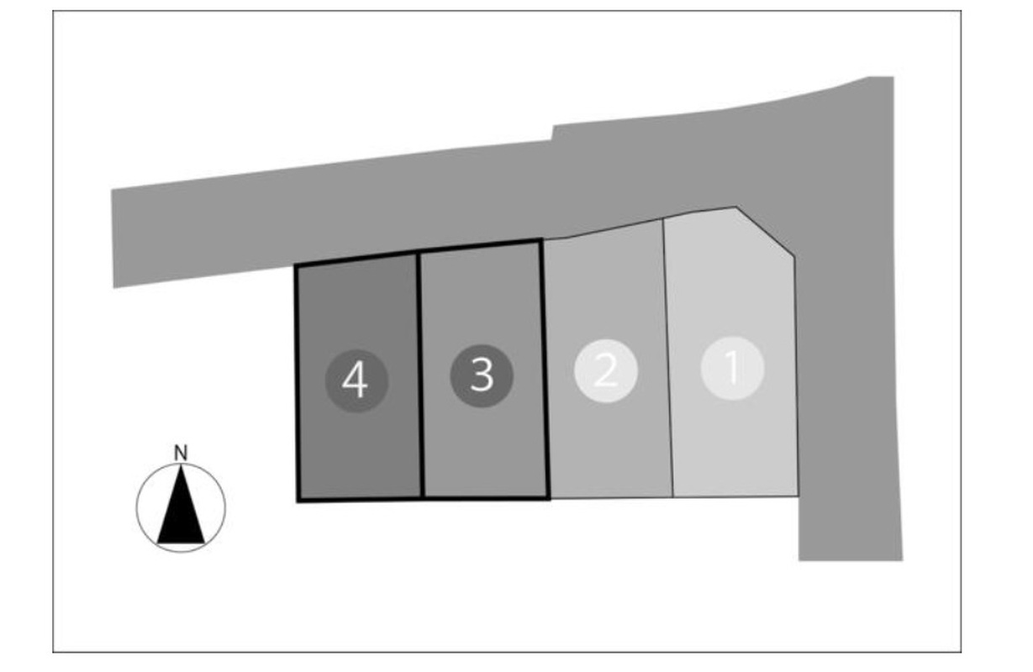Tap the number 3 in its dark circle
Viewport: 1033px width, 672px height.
pos(482,375)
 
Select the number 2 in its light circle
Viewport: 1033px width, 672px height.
pos(606,370)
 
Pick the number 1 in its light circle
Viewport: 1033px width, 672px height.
pos(732,367)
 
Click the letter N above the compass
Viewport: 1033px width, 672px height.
pos(181,454)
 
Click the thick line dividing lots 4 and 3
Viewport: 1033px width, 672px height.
pos(420,375)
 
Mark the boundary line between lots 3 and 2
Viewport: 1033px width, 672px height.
pos(545,369)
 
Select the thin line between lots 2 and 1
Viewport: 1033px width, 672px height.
pos(668,358)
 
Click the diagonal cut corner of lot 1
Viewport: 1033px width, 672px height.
pos(765,232)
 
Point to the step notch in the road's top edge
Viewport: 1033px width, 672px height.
pos(552,133)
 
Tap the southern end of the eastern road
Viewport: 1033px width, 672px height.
pos(851,559)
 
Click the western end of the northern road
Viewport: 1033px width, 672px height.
pos(113,239)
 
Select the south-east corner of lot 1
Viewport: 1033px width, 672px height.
pos(798,496)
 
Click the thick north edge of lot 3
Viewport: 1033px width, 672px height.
pos(479,246)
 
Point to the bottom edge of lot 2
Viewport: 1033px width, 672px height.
pos(612,498)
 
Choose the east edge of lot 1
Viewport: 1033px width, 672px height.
pos(796,376)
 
